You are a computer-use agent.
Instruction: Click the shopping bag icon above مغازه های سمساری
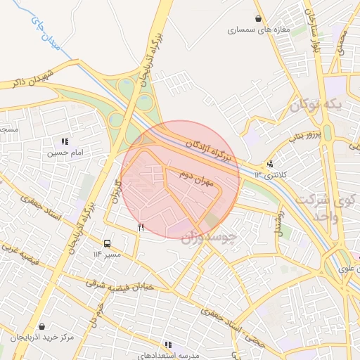pos(259,19)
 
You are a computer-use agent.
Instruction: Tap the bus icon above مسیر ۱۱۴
pos(107,243)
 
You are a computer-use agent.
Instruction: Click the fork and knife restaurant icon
pos(142,227)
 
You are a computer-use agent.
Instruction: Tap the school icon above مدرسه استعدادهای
pos(168,345)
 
